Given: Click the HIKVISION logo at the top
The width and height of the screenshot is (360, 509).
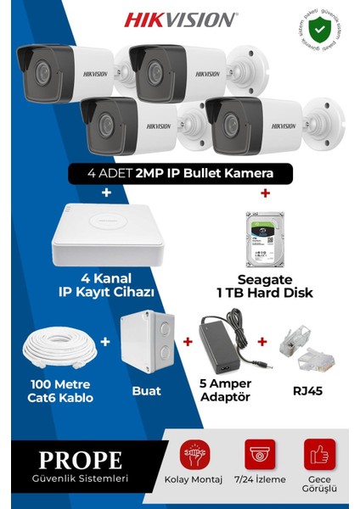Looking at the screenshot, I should [181, 19].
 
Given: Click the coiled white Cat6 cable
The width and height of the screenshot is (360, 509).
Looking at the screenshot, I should [60, 351].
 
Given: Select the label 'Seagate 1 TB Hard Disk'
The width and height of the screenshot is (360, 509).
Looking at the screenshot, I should [264, 285].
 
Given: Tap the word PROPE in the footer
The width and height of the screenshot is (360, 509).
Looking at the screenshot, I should [80, 461].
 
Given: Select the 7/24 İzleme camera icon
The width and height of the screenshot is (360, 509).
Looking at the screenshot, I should [259, 454].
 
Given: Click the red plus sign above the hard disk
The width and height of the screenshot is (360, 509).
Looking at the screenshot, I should [264, 193].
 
